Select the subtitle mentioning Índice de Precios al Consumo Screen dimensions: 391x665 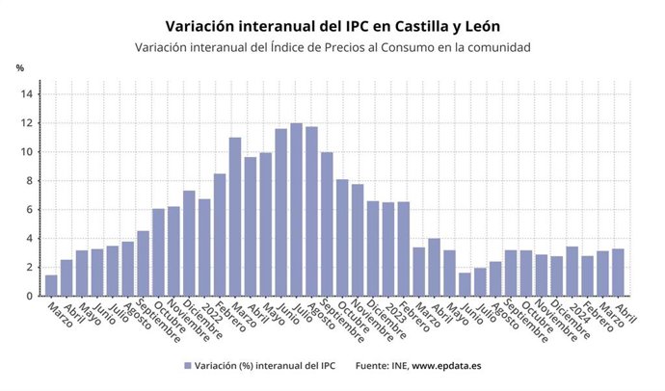[332, 47]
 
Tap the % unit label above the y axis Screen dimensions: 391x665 [19, 67]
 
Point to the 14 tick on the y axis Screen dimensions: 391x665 [28, 94]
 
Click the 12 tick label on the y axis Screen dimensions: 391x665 [28, 123]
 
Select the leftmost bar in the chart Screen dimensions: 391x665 [51, 286]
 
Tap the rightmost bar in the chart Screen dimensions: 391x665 [618, 273]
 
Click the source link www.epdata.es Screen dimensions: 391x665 [452, 366]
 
